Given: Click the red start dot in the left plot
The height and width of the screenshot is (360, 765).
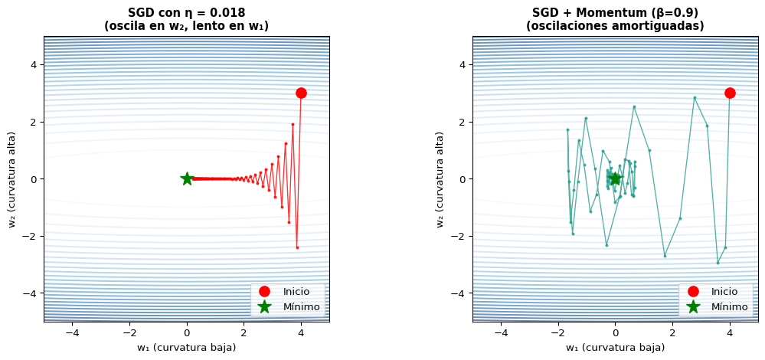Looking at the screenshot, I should pyautogui.click(x=301, y=93).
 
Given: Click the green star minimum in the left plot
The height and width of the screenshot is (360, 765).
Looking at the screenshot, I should pyautogui.click(x=187, y=178).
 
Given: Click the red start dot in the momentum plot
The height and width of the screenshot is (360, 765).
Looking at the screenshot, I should pyautogui.click(x=730, y=93).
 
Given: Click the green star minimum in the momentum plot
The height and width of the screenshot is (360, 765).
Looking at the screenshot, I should pyautogui.click(x=615, y=178).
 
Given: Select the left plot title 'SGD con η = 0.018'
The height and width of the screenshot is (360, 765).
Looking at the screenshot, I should pyautogui.click(x=186, y=13).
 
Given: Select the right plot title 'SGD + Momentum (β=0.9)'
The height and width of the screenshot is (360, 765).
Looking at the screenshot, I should pyautogui.click(x=615, y=13).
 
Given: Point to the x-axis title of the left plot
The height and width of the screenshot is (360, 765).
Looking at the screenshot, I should pyautogui.click(x=186, y=348).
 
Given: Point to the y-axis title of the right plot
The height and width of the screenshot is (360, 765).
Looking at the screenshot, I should pyautogui.click(x=440, y=178).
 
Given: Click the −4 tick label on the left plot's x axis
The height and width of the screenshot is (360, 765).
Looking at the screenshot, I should pyautogui.click(x=72, y=333).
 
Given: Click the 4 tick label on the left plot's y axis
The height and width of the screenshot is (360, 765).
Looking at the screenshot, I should pyautogui.click(x=34, y=65).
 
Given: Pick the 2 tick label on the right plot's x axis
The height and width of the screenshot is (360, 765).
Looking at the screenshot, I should pyautogui.click(x=672, y=333).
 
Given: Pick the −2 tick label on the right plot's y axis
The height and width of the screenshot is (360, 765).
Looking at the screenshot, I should pyautogui.click(x=460, y=236).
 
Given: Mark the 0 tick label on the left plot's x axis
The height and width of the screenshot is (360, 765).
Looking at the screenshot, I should pyautogui.click(x=187, y=333).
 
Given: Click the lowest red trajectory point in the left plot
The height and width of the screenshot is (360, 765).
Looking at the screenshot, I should pyautogui.click(x=297, y=247).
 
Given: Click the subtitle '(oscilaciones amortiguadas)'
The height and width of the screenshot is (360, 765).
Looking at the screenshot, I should pyautogui.click(x=615, y=27).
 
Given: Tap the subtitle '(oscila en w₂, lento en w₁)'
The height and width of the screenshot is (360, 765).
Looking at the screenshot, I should pyautogui.click(x=186, y=27).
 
